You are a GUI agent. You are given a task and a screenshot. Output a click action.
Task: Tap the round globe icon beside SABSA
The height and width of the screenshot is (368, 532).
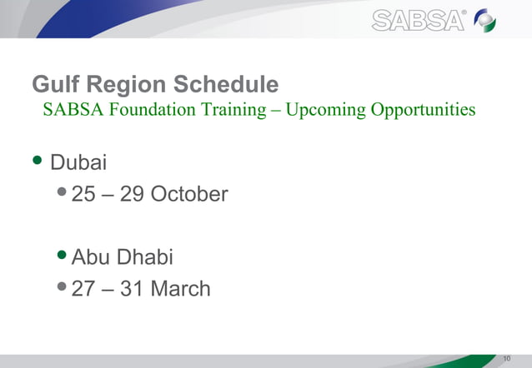(486, 20)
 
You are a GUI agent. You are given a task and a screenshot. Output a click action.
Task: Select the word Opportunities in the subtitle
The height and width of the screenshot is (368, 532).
(424, 110)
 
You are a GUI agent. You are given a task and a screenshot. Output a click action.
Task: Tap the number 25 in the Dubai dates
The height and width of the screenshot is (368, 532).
(83, 195)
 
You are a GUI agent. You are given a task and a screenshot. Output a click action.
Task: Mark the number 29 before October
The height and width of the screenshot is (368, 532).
(133, 195)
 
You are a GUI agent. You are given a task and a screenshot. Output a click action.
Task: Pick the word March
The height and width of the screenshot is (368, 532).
(181, 289)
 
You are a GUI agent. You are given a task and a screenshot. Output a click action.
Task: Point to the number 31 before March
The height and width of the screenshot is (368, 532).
(133, 289)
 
